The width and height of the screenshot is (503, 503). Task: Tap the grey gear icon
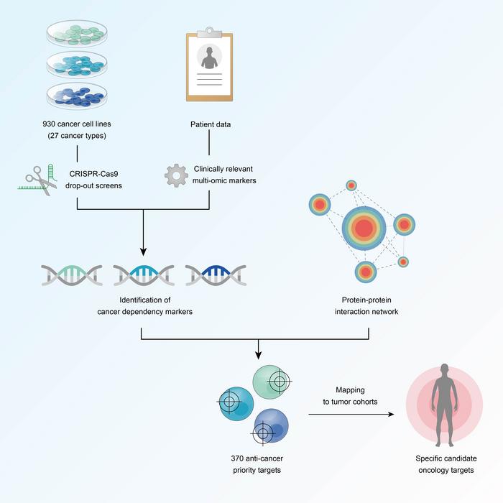(x=176, y=175)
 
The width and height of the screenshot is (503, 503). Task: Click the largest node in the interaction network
(x=364, y=228)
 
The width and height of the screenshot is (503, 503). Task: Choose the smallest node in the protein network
(x=403, y=262)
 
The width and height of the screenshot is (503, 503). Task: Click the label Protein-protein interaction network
(x=369, y=305)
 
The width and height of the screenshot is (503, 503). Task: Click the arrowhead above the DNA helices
(x=143, y=252)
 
